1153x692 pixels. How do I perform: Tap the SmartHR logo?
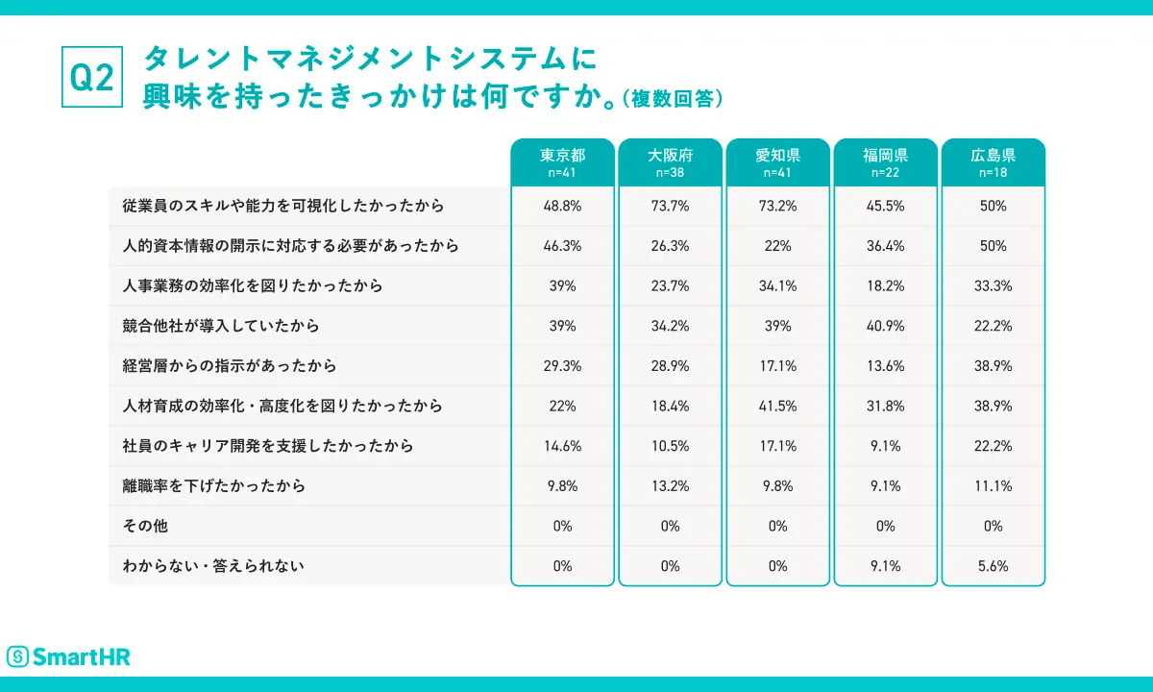point(68,656)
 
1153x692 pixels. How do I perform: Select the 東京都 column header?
point(562,161)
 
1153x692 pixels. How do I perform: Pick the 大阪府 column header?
point(670,161)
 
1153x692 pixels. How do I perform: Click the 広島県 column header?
point(993,161)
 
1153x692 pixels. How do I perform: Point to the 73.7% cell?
point(670,206)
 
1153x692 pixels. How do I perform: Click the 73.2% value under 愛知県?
point(777,206)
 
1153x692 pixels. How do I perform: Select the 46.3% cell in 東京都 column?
point(562,246)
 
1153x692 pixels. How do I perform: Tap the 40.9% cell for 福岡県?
point(885,326)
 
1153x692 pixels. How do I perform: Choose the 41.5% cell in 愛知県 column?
point(777,406)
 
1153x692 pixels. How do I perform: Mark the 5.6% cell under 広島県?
point(993,566)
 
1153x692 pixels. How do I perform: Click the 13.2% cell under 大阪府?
point(670,486)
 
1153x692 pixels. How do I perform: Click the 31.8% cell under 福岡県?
point(885,406)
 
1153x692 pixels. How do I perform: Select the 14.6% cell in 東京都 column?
point(562,446)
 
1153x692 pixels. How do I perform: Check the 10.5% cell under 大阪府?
point(670,446)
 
